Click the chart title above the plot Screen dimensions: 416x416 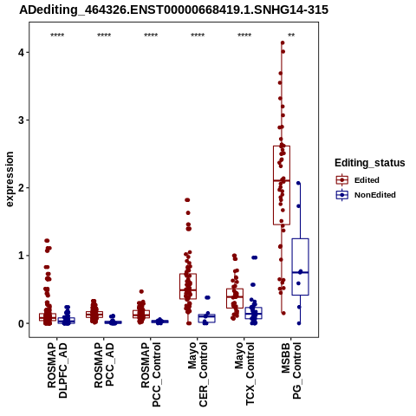click(173, 10)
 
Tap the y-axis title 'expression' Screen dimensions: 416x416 click(10, 179)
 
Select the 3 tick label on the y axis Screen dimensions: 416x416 click(22, 120)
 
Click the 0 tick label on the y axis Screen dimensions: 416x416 click(22, 323)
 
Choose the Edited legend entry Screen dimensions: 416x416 click(358, 180)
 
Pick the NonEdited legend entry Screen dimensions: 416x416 click(366, 195)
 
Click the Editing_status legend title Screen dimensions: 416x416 click(370, 163)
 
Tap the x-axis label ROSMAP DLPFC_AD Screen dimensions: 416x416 click(57, 370)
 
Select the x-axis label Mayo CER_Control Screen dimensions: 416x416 click(198, 374)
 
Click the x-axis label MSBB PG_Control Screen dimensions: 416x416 click(291, 371)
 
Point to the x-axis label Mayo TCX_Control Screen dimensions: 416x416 click(244, 374)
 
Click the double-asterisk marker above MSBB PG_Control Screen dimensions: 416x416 click(291, 36)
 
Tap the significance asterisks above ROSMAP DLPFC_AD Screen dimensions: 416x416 click(57, 36)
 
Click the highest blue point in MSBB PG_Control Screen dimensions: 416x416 click(298, 183)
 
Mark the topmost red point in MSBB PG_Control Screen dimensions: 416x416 click(283, 43)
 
